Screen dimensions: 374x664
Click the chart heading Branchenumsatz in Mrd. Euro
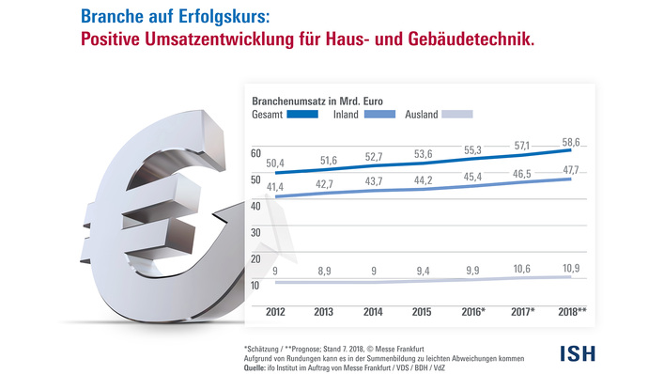coord(317,99)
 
